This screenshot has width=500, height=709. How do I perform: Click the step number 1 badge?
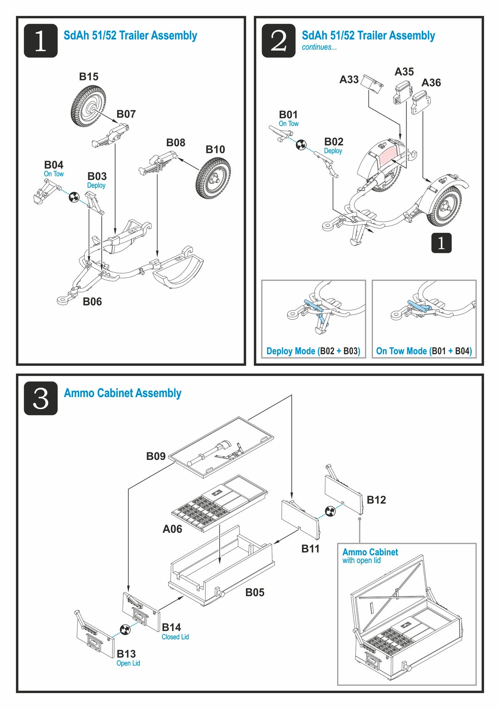40,40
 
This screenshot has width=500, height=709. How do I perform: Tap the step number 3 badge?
40,398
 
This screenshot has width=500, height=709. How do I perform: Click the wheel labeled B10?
213,178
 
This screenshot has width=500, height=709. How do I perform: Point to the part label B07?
126,114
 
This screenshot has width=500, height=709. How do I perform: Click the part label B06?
92,302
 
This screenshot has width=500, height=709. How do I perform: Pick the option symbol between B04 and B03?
74,197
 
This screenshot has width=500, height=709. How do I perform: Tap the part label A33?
349,79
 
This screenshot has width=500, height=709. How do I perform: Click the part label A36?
431,82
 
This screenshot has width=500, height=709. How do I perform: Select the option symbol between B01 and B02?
301,145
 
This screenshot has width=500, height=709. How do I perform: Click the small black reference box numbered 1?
441,243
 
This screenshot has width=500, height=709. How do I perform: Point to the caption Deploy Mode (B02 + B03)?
313,351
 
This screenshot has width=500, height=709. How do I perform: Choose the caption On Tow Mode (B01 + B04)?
424,351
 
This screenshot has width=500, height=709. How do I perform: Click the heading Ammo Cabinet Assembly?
122,393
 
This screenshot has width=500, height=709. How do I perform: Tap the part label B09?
156,457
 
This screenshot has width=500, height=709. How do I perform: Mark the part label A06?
172,529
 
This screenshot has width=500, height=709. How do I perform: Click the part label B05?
255,592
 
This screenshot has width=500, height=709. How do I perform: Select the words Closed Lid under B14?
175,637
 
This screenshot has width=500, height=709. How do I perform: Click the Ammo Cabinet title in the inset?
370,552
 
